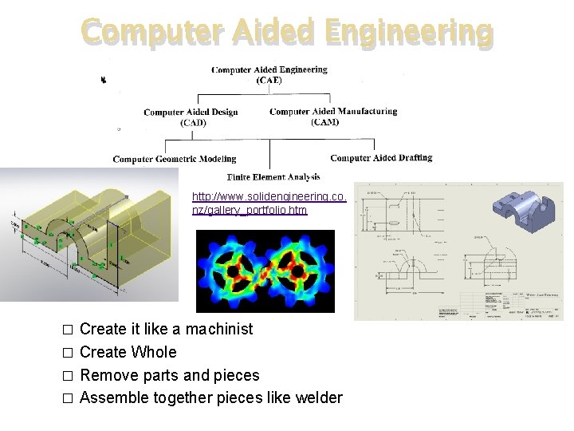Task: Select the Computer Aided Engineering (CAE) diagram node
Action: pos(269,74)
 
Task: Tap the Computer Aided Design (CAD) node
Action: pos(191,117)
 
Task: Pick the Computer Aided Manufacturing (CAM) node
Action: pos(333,117)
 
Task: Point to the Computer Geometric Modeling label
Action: pos(175,159)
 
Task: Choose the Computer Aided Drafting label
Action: pos(381,158)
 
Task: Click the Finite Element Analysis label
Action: pos(273,176)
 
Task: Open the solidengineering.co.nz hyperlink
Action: pos(269,203)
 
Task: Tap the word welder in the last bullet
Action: pos(318,397)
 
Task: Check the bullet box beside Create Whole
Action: pos(68,353)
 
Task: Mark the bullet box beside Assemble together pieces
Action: pos(68,398)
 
